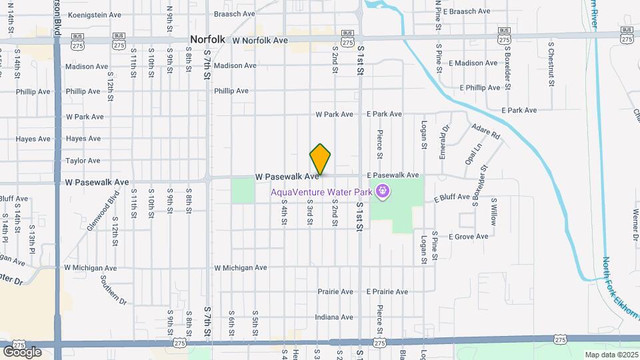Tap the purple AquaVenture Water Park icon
pos(382,192)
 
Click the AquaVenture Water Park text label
pos(321,192)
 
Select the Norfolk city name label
pos(208,40)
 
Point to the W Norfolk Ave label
pos(260,41)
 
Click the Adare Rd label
pos(485,131)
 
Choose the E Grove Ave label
pos(469,237)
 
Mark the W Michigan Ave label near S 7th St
pos(240,267)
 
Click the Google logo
pos(22,351)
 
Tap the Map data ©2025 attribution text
pos(611,355)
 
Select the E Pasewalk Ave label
pos(393,175)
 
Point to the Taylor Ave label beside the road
pos(83,161)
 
